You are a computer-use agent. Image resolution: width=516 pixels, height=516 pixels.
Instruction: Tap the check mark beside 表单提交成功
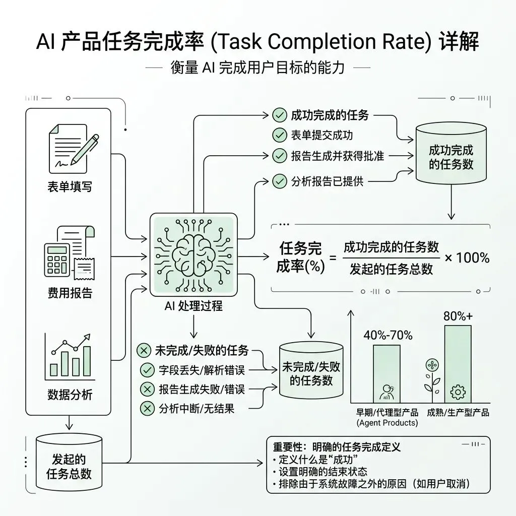[279, 135]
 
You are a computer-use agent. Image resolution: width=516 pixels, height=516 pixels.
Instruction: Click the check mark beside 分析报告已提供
[279, 181]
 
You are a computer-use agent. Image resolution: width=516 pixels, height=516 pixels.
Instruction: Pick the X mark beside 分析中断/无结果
[147, 408]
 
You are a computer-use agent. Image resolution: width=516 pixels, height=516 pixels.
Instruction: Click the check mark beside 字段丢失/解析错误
[147, 370]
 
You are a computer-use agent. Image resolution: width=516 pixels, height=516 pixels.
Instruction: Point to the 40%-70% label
[388, 335]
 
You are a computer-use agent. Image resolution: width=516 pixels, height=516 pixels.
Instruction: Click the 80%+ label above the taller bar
[458, 316]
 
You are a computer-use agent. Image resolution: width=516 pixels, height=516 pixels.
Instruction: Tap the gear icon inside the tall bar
[458, 391]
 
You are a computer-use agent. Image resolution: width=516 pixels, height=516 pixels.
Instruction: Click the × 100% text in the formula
[466, 257]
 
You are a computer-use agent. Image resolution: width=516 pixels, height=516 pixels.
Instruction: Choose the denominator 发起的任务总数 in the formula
[392, 269]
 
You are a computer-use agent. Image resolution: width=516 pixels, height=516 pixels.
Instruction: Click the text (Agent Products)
[387, 423]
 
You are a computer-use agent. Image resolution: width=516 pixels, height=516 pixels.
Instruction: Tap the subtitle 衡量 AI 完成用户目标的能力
[258, 68]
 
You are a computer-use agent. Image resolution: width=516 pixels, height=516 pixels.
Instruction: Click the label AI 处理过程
[193, 306]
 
